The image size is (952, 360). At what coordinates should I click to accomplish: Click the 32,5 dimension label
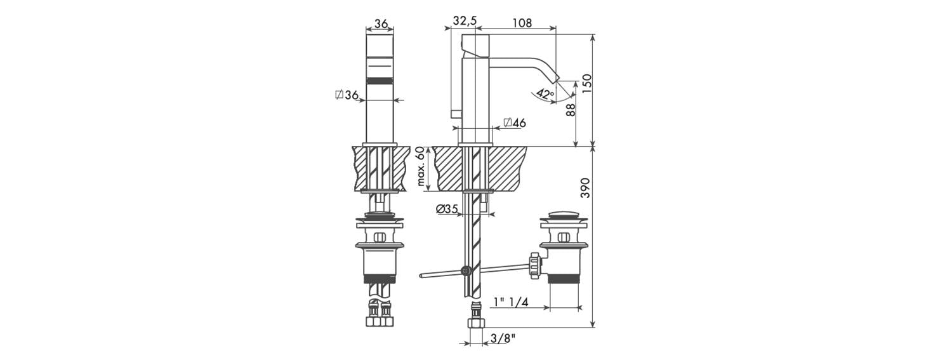[465, 21]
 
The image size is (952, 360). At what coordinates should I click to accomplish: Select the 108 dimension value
[522, 22]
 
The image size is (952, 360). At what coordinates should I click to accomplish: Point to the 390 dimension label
[586, 187]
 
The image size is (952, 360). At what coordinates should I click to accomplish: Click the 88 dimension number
[571, 110]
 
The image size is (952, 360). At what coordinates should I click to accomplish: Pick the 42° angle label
[545, 93]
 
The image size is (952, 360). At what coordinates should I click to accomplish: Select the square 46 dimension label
[515, 123]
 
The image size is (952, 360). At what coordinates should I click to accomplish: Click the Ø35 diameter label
[447, 209]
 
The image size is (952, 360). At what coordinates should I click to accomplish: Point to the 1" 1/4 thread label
[510, 302]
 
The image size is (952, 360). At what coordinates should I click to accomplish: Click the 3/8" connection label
[503, 338]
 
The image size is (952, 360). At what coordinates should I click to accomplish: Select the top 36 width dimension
[381, 23]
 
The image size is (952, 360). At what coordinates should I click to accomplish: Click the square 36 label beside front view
[347, 95]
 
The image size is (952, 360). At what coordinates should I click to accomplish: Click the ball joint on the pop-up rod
[466, 270]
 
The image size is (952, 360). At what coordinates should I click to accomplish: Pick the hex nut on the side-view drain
[535, 265]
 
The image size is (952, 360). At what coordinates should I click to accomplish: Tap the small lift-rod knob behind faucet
[456, 113]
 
